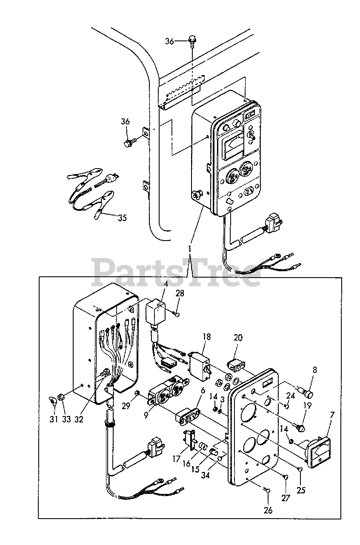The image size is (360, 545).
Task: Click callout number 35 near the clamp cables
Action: (x=122, y=218)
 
